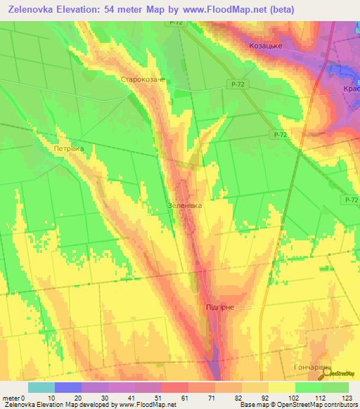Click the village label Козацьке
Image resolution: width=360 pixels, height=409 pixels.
click(x=266, y=46)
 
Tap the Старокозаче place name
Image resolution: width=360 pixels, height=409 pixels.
click(x=143, y=80)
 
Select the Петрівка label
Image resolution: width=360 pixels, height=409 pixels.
click(x=68, y=149)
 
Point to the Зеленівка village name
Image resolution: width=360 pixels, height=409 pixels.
click(x=185, y=206)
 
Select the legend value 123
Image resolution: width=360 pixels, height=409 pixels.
click(x=347, y=397)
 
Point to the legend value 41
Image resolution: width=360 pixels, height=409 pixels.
click(x=122, y=397)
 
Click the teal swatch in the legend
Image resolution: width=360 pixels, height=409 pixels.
click(x=41, y=387)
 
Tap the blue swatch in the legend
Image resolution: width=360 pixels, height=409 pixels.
click(x=68, y=387)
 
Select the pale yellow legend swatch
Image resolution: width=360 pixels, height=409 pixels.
click(x=282, y=387)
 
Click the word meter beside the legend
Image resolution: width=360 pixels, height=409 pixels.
click(x=11, y=397)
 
